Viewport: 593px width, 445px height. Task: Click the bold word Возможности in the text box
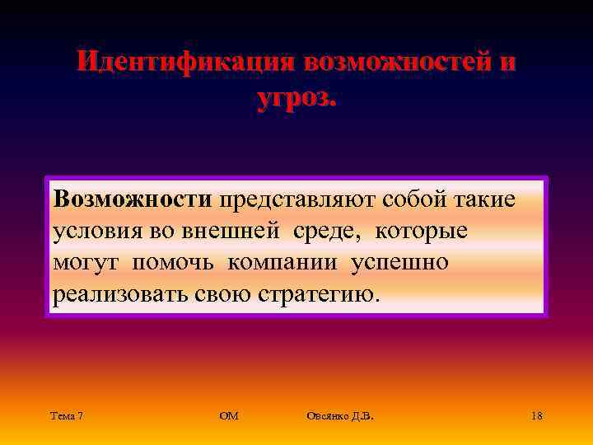133,199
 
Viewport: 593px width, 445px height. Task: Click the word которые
421,232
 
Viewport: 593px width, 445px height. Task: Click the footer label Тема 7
67,416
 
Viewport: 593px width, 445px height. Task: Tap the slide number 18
536,416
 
